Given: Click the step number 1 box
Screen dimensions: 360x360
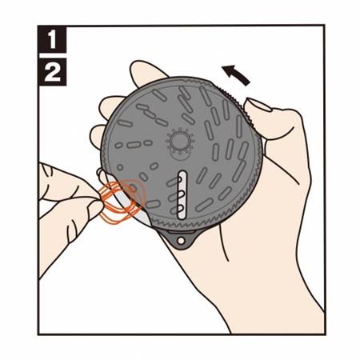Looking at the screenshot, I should click(52, 39).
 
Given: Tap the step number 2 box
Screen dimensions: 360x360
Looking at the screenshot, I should click(52, 73).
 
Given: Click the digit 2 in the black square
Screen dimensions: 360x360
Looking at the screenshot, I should click(52, 73).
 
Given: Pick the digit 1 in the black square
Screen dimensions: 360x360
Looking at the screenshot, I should click(52, 39).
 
